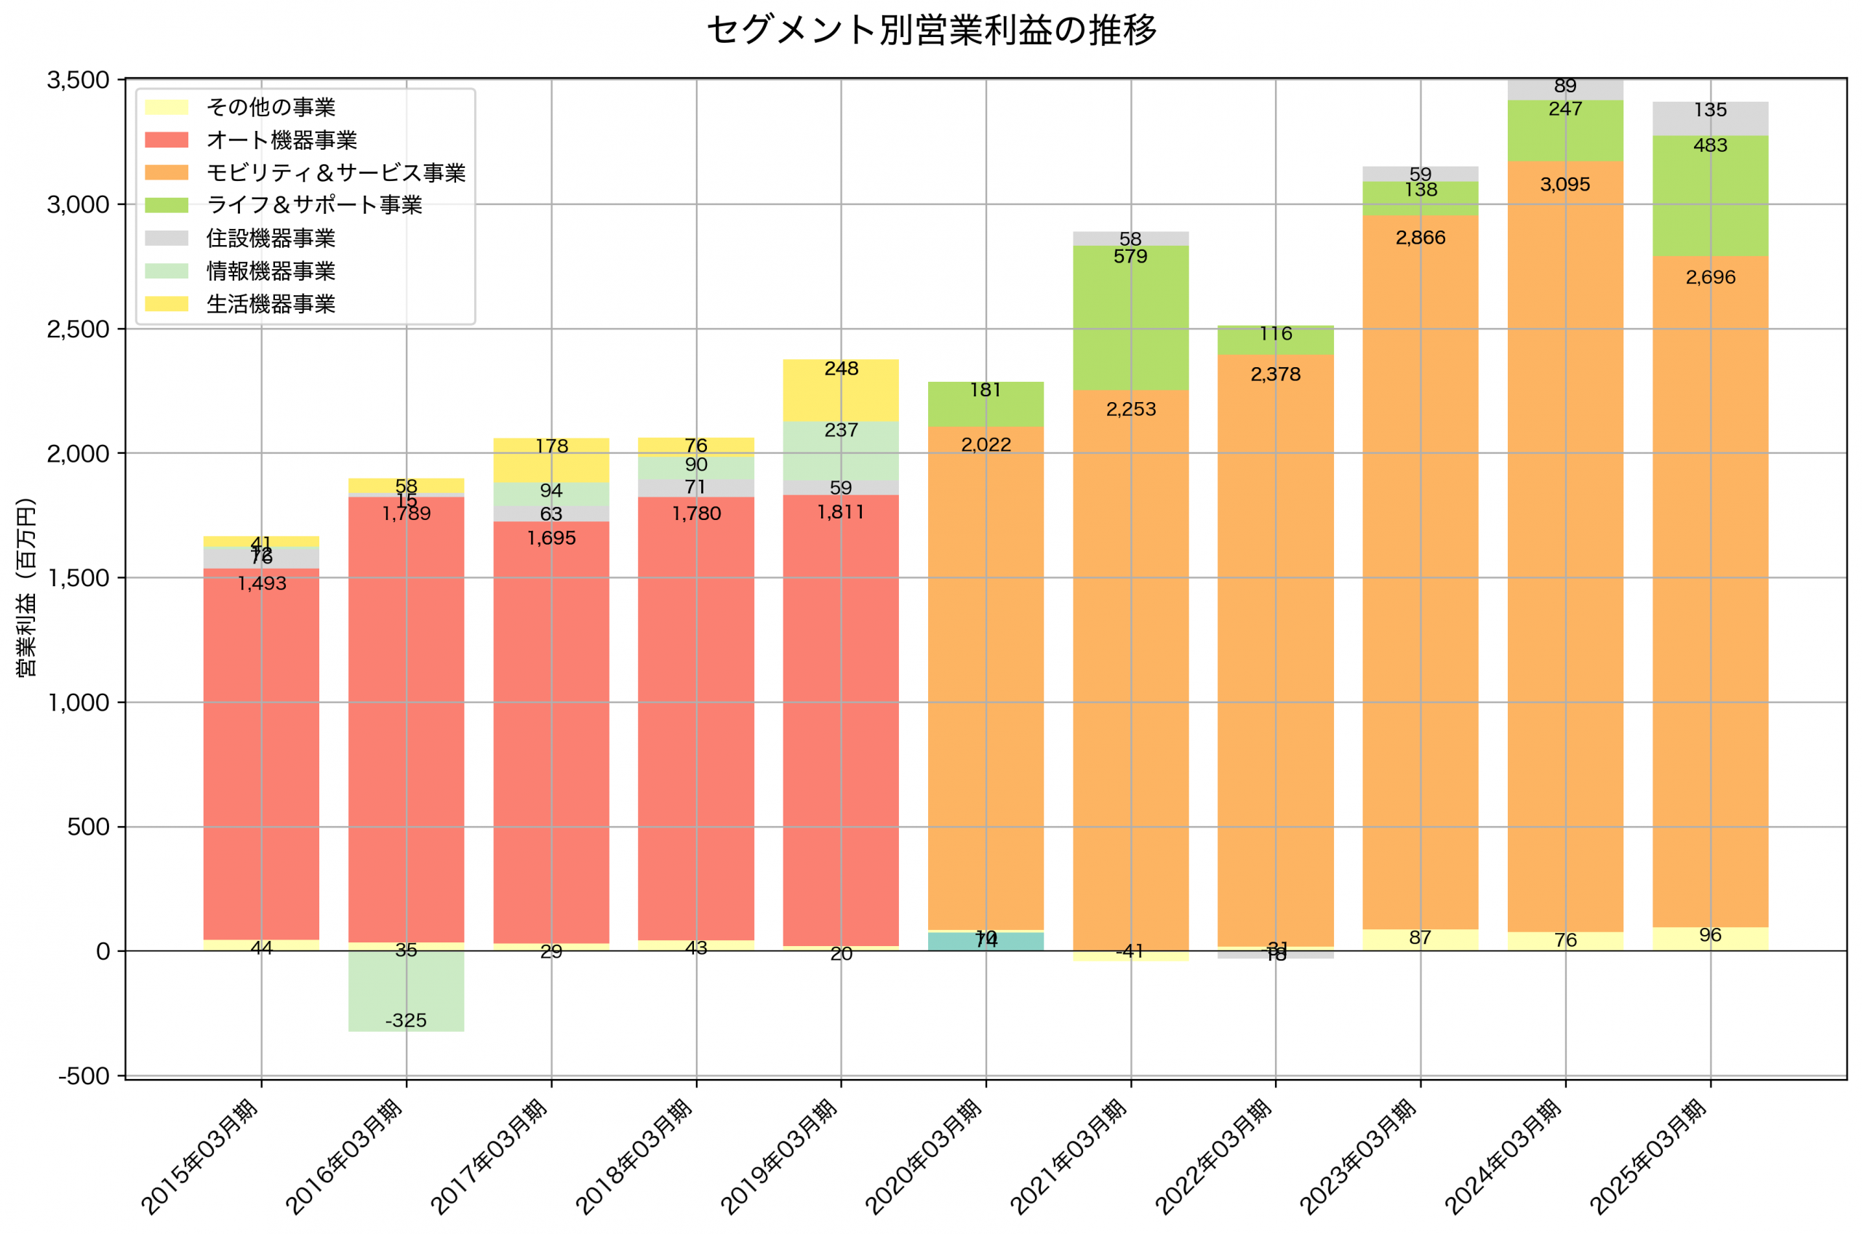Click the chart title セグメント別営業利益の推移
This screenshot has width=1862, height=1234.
tap(931, 30)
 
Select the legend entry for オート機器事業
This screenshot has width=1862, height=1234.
tap(281, 140)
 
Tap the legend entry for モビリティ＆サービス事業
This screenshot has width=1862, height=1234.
tap(335, 172)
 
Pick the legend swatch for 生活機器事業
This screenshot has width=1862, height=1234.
tap(166, 304)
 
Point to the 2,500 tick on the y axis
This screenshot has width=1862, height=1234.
tap(78, 329)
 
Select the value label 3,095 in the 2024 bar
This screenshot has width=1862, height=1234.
tap(1565, 185)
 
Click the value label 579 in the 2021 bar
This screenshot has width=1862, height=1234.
tap(1130, 257)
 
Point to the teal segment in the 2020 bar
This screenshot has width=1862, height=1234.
tap(986, 942)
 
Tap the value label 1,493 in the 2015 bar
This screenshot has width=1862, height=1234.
tap(261, 584)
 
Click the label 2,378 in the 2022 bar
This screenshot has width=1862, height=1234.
tap(1275, 374)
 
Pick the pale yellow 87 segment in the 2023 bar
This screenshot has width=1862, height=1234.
tap(1420, 939)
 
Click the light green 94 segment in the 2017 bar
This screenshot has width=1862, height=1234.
tap(551, 494)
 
